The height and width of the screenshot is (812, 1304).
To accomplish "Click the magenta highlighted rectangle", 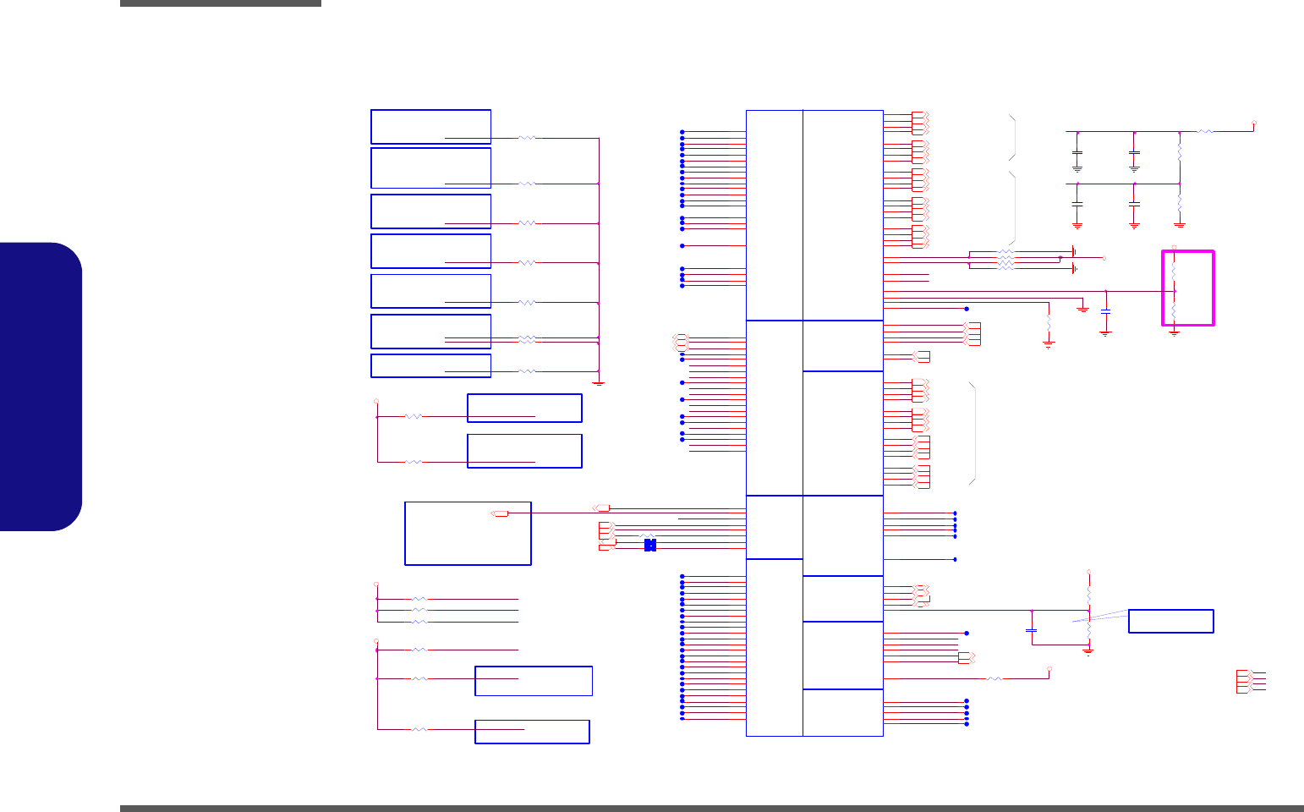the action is [x=1188, y=288].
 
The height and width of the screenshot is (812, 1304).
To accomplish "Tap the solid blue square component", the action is [x=649, y=545].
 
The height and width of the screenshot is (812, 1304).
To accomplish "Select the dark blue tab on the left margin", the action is [x=41, y=387].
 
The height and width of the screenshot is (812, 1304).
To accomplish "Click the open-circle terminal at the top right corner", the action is [x=1253, y=123].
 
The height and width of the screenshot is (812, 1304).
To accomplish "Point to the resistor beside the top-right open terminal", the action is [x=1206, y=132].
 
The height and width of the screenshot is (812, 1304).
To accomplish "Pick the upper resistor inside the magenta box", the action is [x=1175, y=270].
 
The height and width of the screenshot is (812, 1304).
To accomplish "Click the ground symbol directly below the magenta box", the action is [x=1174, y=333].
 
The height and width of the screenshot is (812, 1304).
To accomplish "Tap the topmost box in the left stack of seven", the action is [x=430, y=126].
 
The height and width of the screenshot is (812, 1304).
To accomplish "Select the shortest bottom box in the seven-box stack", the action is [x=430, y=365].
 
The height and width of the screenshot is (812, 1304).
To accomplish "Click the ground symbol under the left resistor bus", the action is [x=599, y=382].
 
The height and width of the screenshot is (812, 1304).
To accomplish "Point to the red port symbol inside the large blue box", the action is [x=500, y=513].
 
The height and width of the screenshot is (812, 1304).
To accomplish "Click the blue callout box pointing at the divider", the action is [x=1170, y=621].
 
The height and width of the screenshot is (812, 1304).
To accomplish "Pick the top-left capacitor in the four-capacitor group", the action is [x=1077, y=155].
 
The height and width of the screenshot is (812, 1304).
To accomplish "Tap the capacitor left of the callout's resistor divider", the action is [x=1032, y=630].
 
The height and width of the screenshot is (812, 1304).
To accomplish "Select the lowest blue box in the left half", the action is [x=532, y=732].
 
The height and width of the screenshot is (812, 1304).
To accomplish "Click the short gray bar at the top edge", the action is [x=221, y=3].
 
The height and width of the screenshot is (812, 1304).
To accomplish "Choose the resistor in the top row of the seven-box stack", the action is [x=526, y=137].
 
